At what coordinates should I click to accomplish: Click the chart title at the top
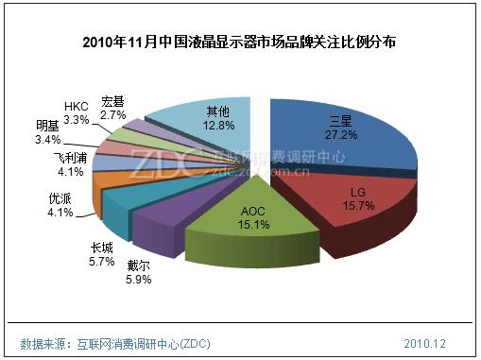pos(240,43)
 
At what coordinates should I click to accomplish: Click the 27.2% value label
pos(339,135)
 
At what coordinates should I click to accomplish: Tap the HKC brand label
pos(77,106)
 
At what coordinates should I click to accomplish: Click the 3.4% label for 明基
pos(47,139)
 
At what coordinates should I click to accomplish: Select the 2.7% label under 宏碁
pos(113,114)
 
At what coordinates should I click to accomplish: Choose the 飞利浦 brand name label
pos(72,157)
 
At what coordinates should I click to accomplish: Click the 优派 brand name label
pos(59,199)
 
